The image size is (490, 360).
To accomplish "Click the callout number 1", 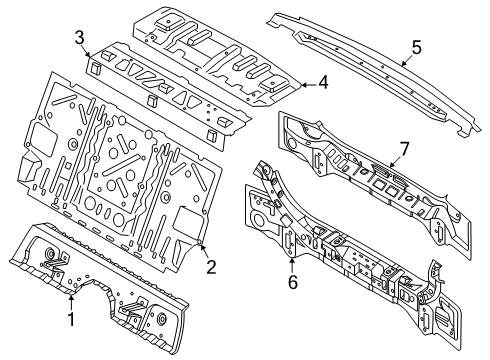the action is tap(71, 319).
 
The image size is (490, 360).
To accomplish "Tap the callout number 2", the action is tap(211, 267).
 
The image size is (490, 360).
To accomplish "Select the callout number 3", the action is tap(79, 38).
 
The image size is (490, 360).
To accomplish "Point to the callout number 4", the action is tap(323, 82).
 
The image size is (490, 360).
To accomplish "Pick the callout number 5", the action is tap(416, 47).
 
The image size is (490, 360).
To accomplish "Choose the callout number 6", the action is tap(292, 282).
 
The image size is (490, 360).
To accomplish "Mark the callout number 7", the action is tap(404, 149).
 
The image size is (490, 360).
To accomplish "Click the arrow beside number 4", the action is tap(308, 85).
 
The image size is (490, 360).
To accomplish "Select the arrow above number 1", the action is tap(71, 302).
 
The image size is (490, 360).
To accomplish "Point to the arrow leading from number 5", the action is tap(406, 60).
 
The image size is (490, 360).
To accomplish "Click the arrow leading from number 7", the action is tap(395, 161).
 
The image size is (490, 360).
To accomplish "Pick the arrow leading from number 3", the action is tap(86, 53).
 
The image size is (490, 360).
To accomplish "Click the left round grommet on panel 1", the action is tap(50, 253).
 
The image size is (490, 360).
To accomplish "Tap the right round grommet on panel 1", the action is tap(162, 318).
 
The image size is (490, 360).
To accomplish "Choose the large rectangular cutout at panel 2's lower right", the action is tap(188, 221).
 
